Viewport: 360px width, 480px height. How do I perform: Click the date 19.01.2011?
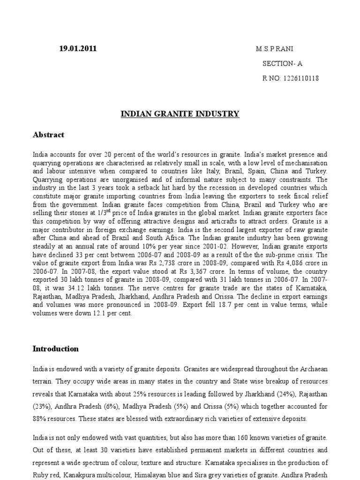pyautogui.click(x=78, y=49)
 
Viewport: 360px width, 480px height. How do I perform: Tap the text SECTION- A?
pyautogui.click(x=283, y=64)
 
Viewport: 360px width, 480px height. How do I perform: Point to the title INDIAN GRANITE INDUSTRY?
pyautogui.click(x=180, y=114)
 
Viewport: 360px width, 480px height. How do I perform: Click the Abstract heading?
pyautogui.click(x=48, y=135)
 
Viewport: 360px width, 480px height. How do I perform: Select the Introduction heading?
pyautogui.click(x=56, y=349)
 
